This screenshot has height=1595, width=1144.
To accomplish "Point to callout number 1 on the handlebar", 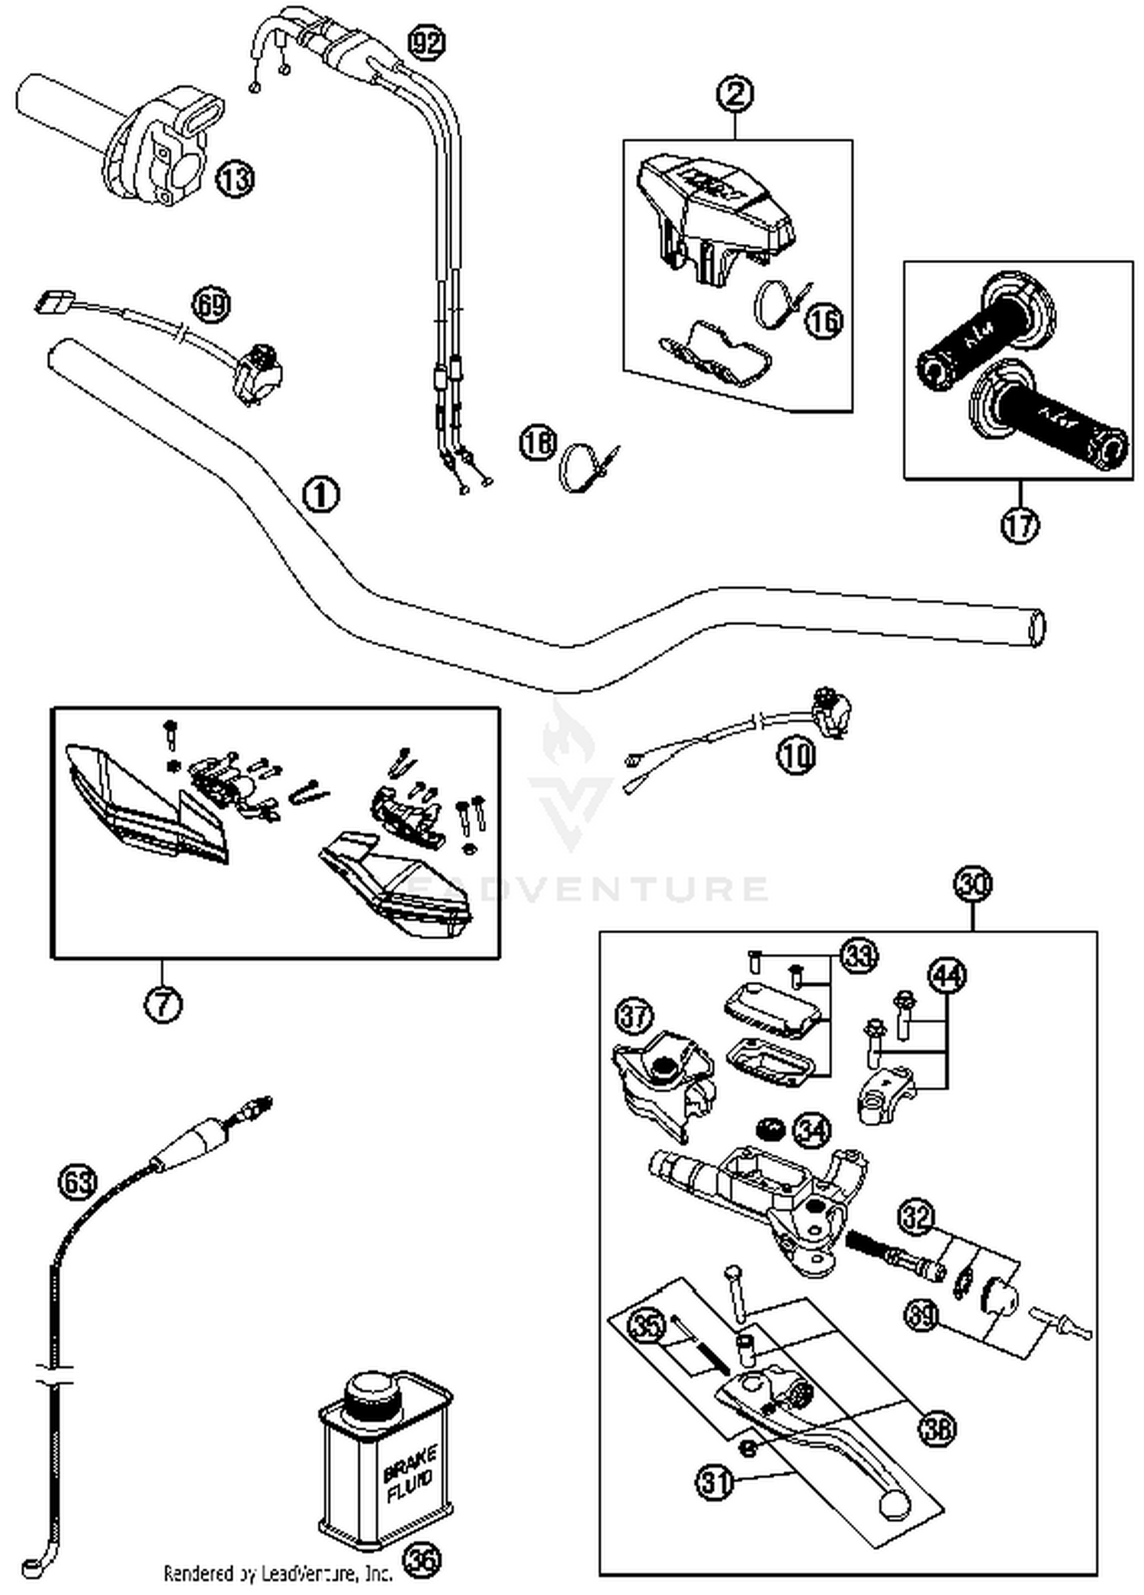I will click(321, 495).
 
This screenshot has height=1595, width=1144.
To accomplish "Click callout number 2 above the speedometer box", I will click(735, 94).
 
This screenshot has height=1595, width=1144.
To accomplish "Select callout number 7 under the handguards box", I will click(162, 1003).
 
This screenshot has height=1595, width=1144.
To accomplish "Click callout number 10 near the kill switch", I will click(796, 755).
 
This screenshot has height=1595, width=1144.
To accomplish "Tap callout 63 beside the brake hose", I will click(78, 1183).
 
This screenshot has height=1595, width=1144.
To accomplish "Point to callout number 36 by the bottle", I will click(423, 1560).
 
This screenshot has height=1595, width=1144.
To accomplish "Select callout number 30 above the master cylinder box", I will click(972, 884).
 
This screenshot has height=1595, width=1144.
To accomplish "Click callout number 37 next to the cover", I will click(635, 1016).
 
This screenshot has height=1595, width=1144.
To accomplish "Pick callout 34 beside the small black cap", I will click(811, 1130).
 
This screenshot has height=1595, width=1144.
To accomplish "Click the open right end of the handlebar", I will click(1037, 628).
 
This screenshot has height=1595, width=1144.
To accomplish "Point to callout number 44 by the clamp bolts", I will click(946, 975).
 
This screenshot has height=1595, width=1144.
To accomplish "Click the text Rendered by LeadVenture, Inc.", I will click(278, 1572).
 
